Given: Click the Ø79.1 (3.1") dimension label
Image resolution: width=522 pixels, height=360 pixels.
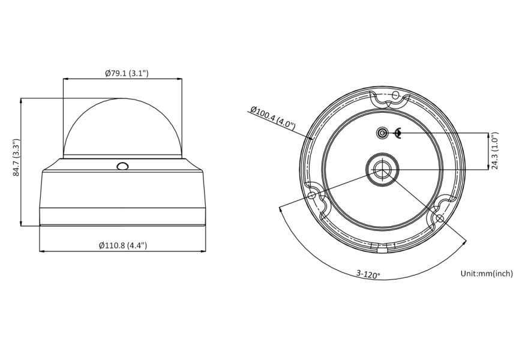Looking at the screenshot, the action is pos(127,73).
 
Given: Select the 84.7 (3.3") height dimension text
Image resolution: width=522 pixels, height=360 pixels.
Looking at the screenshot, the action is pos(17,158).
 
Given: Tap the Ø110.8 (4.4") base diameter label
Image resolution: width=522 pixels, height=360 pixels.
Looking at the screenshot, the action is pos(123,245).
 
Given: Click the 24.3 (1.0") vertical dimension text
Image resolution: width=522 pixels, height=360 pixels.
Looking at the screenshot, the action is pos(495,151).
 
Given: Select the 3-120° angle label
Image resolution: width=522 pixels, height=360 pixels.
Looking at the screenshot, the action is pos(368,274).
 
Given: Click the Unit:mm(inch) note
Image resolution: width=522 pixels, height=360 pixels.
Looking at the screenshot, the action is pos(487,274).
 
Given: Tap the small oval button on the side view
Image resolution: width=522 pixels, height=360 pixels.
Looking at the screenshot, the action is pos(122,166).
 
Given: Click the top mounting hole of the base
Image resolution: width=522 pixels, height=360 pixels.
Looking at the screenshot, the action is pos(395,95).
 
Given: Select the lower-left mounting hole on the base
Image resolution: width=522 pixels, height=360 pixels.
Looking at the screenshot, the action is pos(312,195).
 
